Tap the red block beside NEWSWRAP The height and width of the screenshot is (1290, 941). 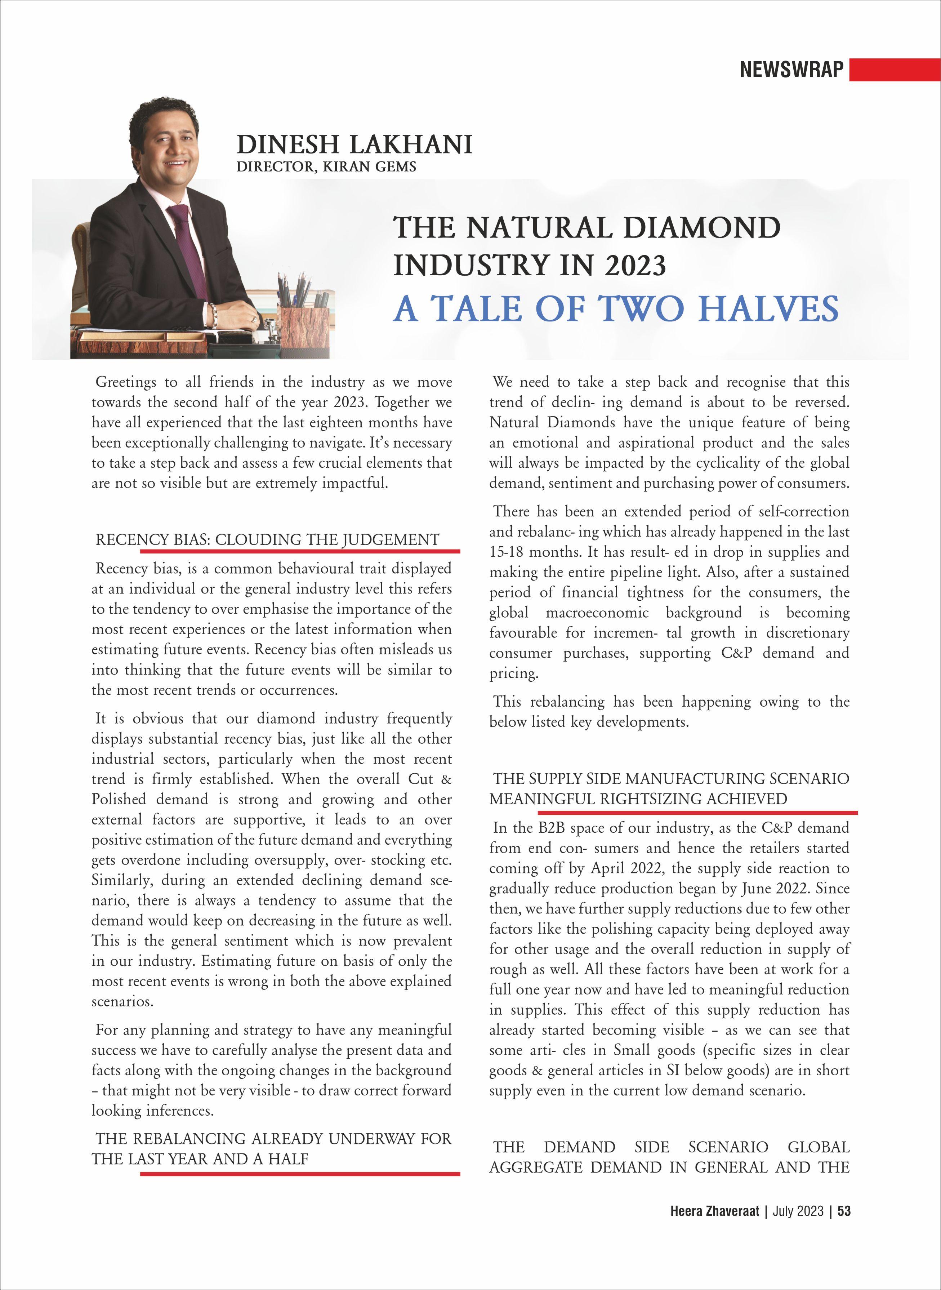click(x=894, y=70)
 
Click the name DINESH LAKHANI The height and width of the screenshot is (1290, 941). click(x=354, y=145)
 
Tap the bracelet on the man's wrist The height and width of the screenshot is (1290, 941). click(x=215, y=312)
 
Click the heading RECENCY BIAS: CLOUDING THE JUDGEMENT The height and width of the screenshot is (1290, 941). click(x=267, y=539)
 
